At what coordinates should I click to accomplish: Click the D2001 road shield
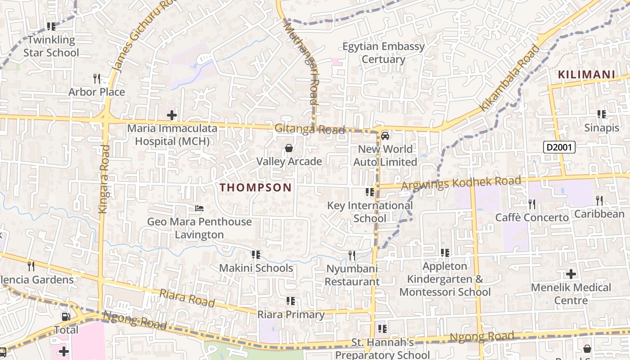tap(559, 147)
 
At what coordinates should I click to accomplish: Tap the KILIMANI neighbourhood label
tap(586, 75)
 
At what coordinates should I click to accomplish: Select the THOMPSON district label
tap(256, 188)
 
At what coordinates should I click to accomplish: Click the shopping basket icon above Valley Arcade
tap(289, 148)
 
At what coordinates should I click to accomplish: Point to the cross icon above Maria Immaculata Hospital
tap(172, 115)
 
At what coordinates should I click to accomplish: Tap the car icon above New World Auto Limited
tap(385, 135)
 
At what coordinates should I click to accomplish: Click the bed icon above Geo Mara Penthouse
tap(199, 208)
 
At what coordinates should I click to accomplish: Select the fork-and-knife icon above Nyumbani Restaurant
tap(352, 256)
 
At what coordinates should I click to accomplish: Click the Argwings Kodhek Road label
tap(461, 183)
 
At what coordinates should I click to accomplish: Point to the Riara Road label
tap(187, 298)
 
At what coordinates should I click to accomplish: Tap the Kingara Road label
tap(103, 179)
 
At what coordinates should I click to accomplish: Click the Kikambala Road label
tap(509, 78)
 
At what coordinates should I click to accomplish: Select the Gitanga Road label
tap(310, 130)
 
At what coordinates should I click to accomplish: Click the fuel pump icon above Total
tap(66, 316)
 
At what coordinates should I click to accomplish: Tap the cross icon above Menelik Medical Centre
tap(571, 274)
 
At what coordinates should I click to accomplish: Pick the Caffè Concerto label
tap(532, 218)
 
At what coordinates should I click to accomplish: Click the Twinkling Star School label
tap(51, 46)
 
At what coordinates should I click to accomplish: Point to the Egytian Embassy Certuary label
tap(383, 53)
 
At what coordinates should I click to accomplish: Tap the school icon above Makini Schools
tap(256, 255)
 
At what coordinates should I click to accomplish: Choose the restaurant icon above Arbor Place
tap(96, 78)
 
